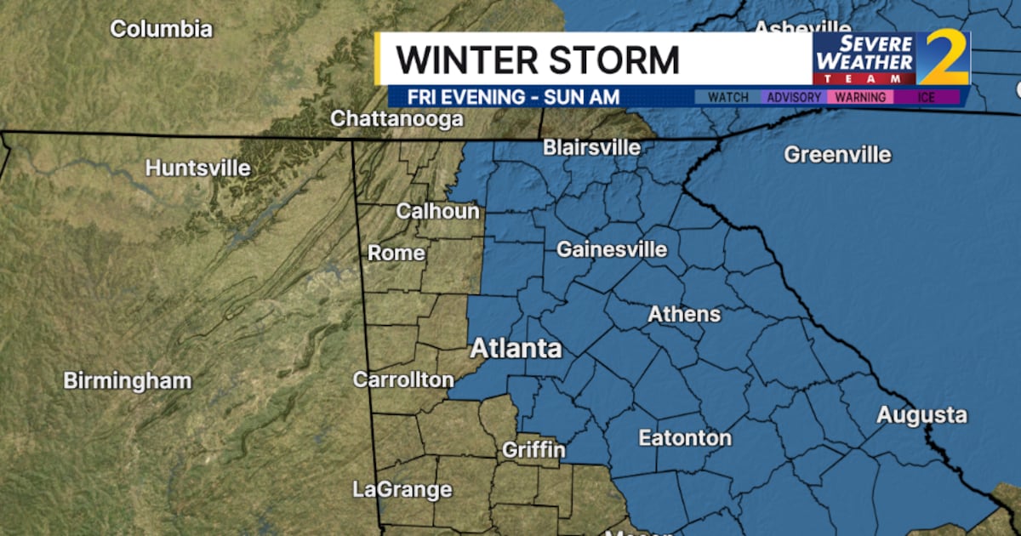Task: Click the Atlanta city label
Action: (x=516, y=349)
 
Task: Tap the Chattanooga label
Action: (x=396, y=119)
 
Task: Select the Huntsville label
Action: (x=197, y=168)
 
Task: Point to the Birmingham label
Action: (x=128, y=380)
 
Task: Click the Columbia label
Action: (x=162, y=29)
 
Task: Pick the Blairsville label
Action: (x=591, y=147)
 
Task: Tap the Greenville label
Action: (x=837, y=155)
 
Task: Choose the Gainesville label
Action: (x=612, y=250)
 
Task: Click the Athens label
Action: (x=684, y=314)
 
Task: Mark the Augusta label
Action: (x=921, y=415)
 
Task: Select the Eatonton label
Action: (x=685, y=438)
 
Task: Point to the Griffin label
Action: (x=533, y=449)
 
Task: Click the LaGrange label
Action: (x=402, y=489)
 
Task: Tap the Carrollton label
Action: (x=403, y=380)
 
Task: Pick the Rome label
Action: (x=396, y=253)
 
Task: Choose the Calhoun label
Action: (x=437, y=211)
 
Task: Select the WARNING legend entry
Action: (x=859, y=97)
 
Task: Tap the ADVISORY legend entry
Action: (x=794, y=97)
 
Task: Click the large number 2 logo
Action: (x=943, y=58)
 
